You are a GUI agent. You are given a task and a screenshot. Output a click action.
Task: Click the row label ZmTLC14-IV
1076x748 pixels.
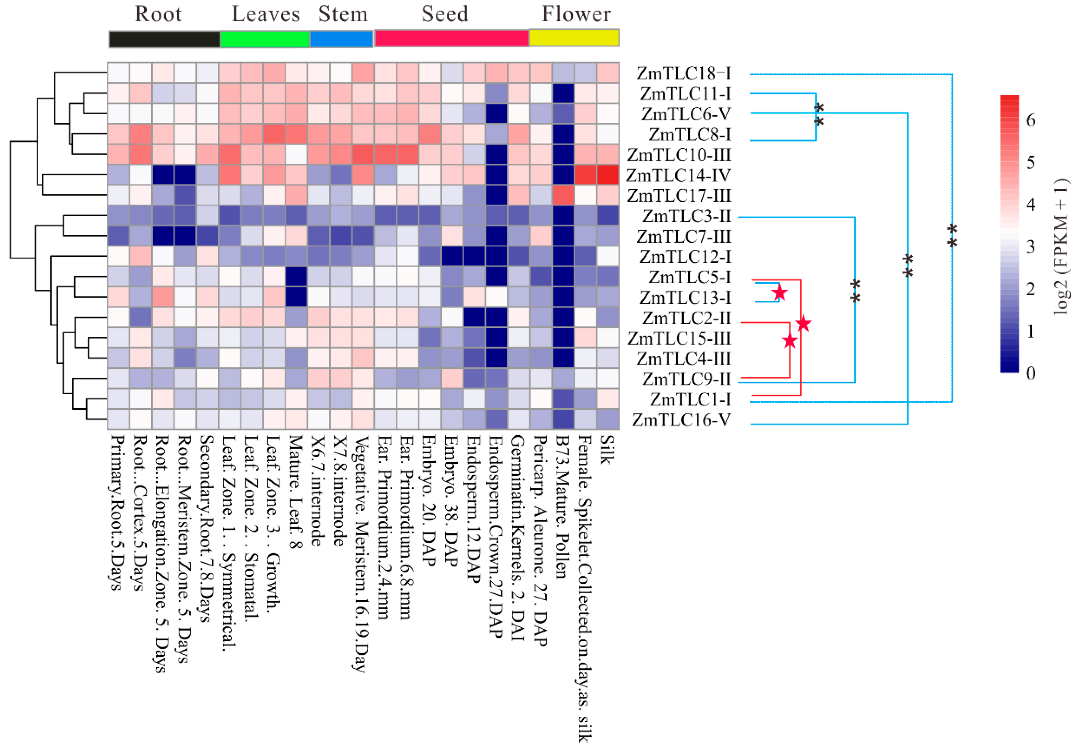[678, 175]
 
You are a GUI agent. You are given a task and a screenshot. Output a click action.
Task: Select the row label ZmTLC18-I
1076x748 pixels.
[683, 74]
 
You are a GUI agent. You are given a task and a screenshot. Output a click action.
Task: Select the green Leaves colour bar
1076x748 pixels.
[265, 39]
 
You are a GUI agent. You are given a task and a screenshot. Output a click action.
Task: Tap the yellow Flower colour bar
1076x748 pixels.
[574, 38]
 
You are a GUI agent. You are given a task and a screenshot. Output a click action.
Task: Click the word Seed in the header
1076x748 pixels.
[445, 14]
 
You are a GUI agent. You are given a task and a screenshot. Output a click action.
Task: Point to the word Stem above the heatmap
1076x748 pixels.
[343, 14]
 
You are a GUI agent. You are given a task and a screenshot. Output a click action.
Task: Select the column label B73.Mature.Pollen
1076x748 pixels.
[563, 507]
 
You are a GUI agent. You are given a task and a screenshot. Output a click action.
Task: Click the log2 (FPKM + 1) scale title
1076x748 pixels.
[1061, 246]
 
